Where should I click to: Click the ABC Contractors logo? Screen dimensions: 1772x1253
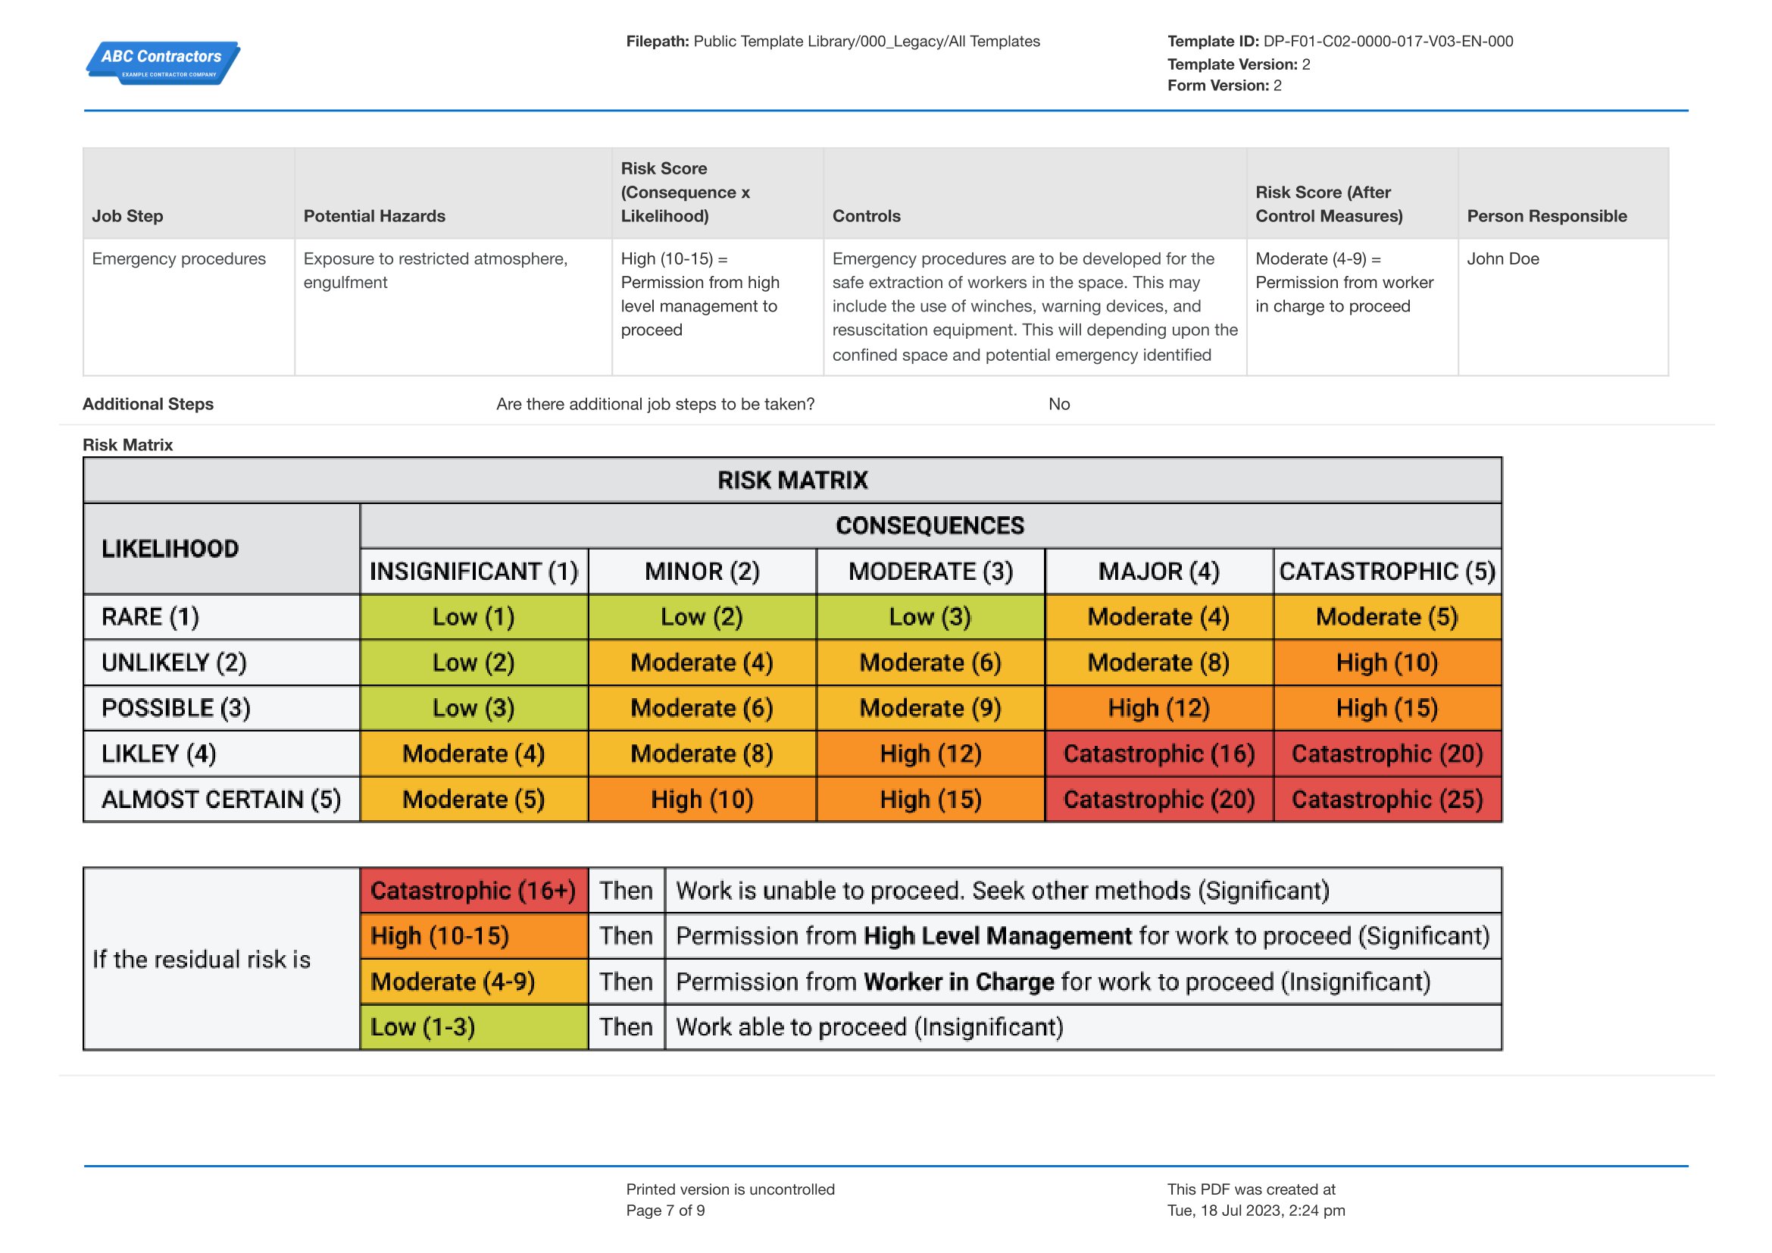[x=163, y=62]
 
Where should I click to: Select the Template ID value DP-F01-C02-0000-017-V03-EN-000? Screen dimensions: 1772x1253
[x=1388, y=42]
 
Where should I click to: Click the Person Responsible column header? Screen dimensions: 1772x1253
[x=1547, y=216]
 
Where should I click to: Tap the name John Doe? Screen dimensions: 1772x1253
[x=1502, y=258]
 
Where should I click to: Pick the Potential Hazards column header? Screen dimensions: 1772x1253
[x=374, y=216]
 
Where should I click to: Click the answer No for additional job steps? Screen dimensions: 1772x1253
[x=1059, y=404]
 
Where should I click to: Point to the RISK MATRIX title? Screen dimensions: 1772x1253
[x=792, y=480]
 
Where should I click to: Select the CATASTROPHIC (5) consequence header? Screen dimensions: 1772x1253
[x=1388, y=572]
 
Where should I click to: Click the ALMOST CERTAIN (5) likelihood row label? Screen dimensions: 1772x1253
[x=220, y=799]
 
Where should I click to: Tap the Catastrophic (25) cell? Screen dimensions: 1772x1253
[x=1388, y=799]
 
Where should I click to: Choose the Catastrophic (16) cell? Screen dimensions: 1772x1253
[x=1159, y=753]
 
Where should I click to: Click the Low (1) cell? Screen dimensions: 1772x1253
[x=473, y=617]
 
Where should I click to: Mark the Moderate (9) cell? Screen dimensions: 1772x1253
[x=931, y=708]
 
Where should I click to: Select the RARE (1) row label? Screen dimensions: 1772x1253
[x=151, y=617]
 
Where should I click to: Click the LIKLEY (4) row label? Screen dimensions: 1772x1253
[x=159, y=753]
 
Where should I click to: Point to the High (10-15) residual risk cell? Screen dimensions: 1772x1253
[x=473, y=935]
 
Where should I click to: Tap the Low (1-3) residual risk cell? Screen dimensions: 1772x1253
[x=473, y=1027]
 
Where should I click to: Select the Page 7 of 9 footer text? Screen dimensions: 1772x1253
[x=665, y=1211]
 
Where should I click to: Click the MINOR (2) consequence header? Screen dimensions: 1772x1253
[x=702, y=572]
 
